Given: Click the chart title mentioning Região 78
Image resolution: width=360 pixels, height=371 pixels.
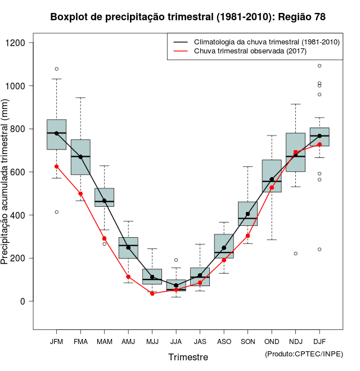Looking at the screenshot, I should click(188, 17).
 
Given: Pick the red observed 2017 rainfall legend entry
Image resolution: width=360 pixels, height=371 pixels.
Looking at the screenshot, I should click(250, 51).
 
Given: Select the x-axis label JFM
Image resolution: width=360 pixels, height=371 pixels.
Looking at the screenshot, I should click(56, 342).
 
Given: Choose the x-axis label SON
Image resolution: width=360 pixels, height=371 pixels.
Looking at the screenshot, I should click(247, 342).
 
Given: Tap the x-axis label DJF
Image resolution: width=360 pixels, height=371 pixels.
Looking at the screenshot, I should click(319, 342).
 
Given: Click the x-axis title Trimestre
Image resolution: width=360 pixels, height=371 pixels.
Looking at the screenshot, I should click(188, 357).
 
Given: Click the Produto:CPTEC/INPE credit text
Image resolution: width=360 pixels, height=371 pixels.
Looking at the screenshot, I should click(303, 354).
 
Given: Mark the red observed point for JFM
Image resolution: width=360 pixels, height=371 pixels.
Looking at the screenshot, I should click(56, 166).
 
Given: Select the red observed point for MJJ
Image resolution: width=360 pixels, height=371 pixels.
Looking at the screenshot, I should click(152, 293).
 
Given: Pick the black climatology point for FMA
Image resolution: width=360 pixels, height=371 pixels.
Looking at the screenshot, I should click(80, 157).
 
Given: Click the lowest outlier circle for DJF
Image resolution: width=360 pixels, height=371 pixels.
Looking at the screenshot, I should click(319, 249).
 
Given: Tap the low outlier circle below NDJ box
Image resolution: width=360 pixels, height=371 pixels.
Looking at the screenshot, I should click(295, 254).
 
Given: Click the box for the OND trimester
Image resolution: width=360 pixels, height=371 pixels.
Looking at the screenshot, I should click(272, 176).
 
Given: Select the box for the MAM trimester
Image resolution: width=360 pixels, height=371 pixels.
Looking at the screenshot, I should click(104, 197).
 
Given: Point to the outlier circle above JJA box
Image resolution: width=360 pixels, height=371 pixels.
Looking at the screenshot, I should click(176, 260).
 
